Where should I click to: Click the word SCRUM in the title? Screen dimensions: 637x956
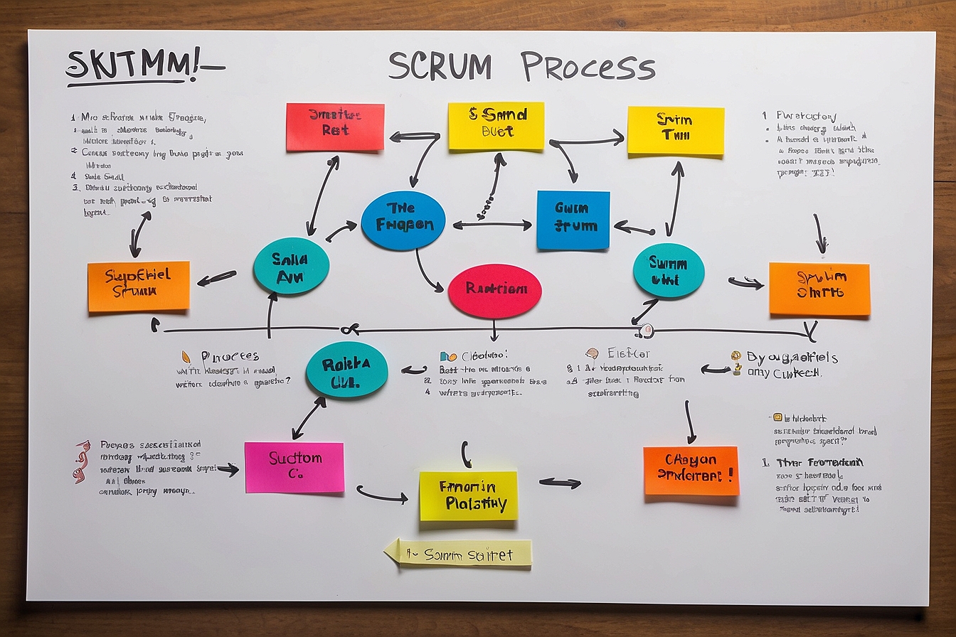click(440, 67)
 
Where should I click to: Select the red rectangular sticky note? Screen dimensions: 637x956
click(335, 127)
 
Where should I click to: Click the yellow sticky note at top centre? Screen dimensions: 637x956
click(496, 126)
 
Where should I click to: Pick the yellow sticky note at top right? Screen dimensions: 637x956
click(675, 130)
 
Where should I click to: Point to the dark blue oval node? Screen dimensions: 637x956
click(403, 220)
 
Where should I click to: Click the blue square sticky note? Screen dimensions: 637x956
click(573, 220)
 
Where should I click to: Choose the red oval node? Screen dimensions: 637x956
click(494, 291)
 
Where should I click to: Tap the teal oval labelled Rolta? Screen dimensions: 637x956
click(346, 370)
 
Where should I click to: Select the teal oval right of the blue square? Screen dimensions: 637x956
click(668, 271)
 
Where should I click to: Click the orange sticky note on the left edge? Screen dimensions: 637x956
click(139, 286)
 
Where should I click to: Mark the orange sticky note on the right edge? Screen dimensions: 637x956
click(819, 289)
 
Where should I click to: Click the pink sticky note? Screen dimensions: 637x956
click(294, 467)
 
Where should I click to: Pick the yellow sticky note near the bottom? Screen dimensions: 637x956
click(468, 496)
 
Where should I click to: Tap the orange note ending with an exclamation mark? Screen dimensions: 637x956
click(691, 471)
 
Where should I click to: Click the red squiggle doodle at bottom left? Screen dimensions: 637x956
click(82, 461)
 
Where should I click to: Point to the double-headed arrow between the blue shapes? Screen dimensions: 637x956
click(492, 225)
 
